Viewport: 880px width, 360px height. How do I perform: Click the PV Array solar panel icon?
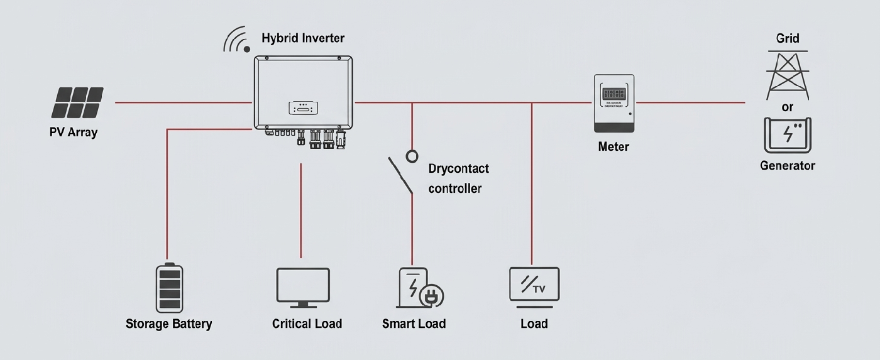click(x=77, y=102)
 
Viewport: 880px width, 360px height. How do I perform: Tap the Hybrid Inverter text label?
click(x=302, y=38)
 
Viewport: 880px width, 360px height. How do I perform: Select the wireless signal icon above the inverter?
click(x=237, y=40)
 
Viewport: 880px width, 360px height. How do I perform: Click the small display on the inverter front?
click(x=302, y=108)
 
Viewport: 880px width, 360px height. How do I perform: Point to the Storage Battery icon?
click(x=169, y=288)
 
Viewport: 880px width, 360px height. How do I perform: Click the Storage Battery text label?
click(x=168, y=324)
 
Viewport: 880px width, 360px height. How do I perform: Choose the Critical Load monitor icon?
click(x=303, y=287)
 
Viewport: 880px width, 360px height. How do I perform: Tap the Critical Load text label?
click(x=307, y=324)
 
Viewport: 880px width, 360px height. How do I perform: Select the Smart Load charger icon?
click(x=415, y=288)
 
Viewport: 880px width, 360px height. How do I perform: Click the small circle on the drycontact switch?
click(x=412, y=156)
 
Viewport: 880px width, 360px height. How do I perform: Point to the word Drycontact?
click(x=458, y=169)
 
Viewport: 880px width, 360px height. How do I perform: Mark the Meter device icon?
click(x=614, y=103)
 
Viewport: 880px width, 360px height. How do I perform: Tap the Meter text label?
click(x=613, y=147)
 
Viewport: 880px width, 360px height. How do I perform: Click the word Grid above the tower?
click(x=788, y=38)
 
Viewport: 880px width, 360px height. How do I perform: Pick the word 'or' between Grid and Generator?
click(x=788, y=107)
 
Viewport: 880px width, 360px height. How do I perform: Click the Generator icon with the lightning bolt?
click(x=787, y=134)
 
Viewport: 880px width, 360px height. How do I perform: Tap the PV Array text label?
click(x=74, y=133)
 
